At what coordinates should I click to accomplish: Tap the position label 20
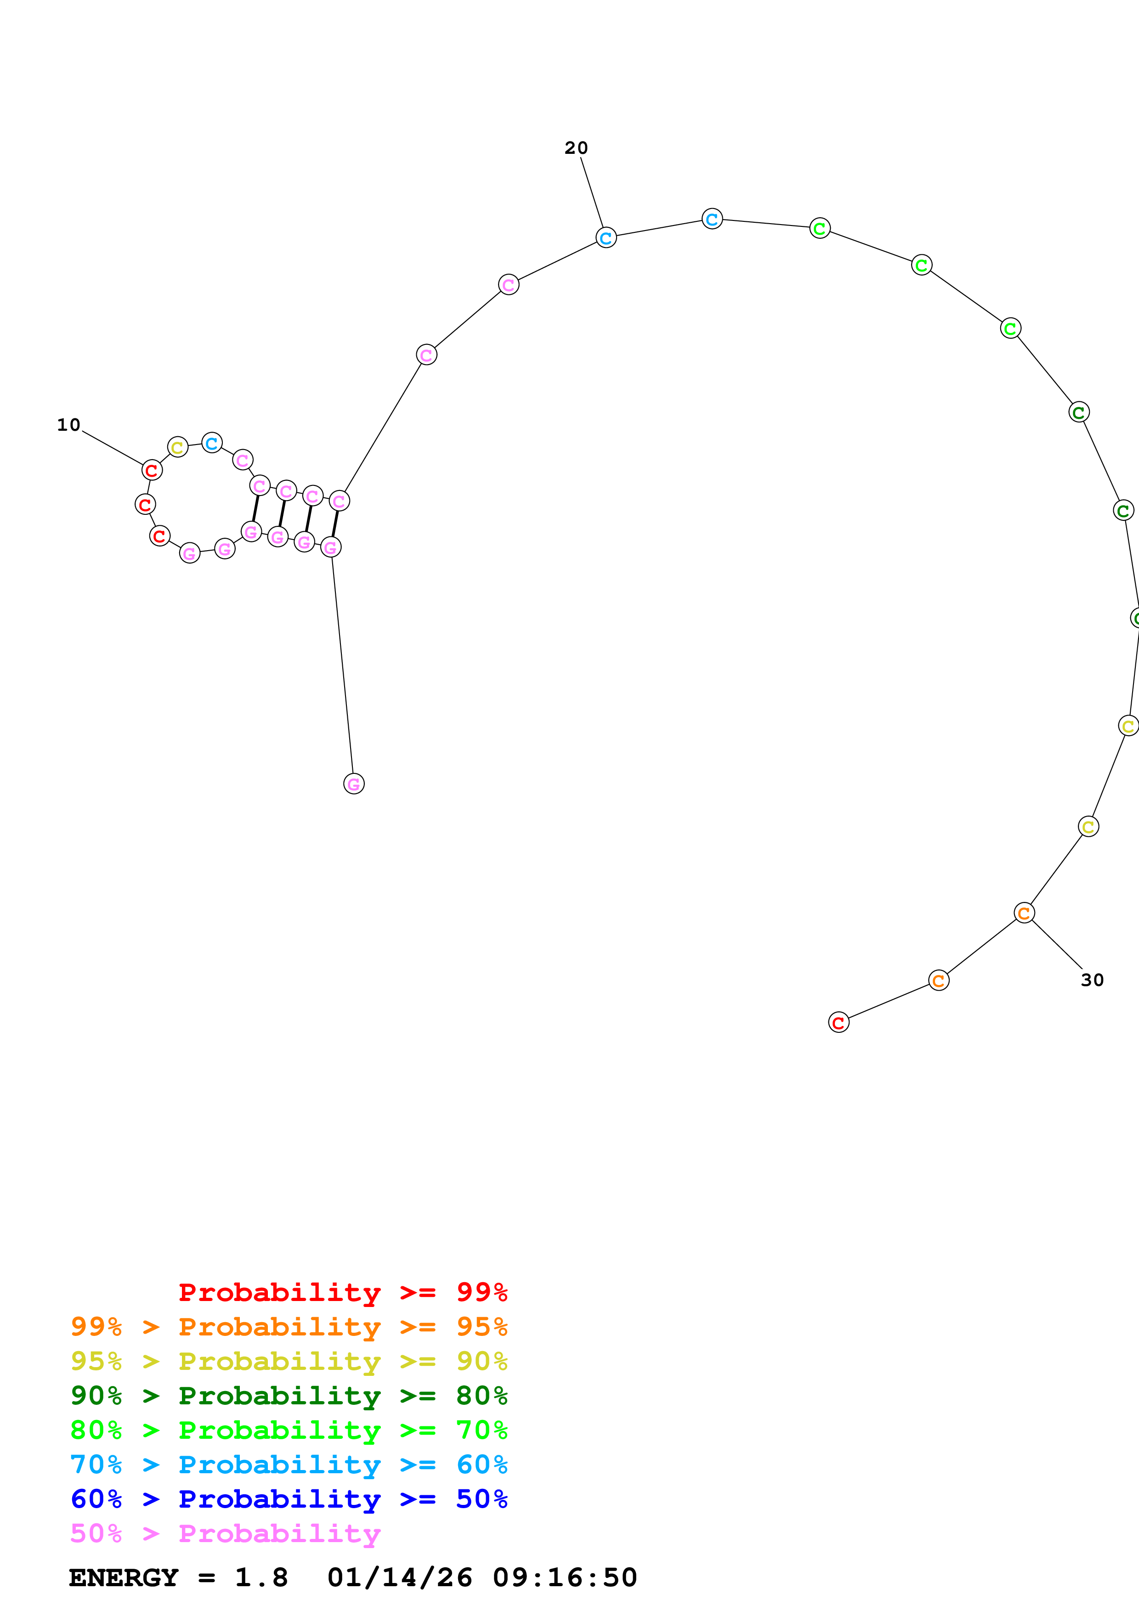pyautogui.click(x=576, y=148)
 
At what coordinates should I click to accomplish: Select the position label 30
pyautogui.click(x=1092, y=980)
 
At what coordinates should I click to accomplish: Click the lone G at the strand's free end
pyautogui.click(x=354, y=784)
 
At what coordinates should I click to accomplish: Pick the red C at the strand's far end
pyautogui.click(x=839, y=1022)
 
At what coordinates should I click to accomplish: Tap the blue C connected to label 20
pyautogui.click(x=606, y=238)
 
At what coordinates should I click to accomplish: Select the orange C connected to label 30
pyautogui.click(x=1024, y=913)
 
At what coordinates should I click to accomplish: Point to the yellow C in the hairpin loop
pyautogui.click(x=177, y=447)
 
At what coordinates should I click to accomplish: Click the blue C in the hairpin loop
pyautogui.click(x=212, y=443)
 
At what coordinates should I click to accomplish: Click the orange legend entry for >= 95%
pyautogui.click(x=289, y=1327)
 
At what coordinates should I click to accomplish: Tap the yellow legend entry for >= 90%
pyautogui.click(x=289, y=1361)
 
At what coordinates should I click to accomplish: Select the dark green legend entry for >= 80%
pyautogui.click(x=289, y=1396)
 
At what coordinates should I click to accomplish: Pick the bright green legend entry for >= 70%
pyautogui.click(x=289, y=1430)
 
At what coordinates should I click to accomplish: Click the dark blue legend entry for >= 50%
pyautogui.click(x=289, y=1499)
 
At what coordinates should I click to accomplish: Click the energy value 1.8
pyautogui.click(x=261, y=1577)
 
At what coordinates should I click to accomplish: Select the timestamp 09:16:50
pyautogui.click(x=565, y=1577)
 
